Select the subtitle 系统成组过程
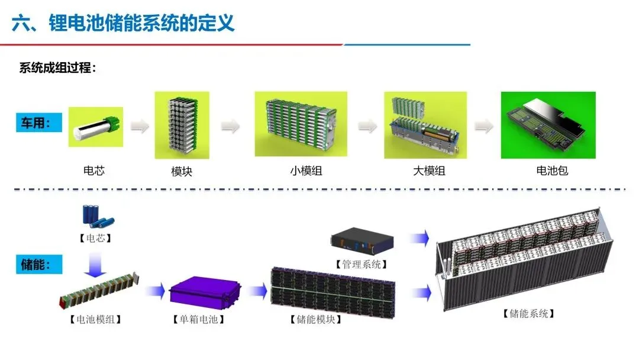[57, 67]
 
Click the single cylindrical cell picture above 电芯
[95, 127]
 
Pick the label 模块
[182, 172]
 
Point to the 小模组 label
[306, 172]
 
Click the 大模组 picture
[425, 125]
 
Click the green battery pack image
[548, 125]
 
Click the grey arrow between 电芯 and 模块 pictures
[140, 126]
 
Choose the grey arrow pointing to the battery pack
[484, 126]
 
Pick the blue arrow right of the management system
[420, 239]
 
